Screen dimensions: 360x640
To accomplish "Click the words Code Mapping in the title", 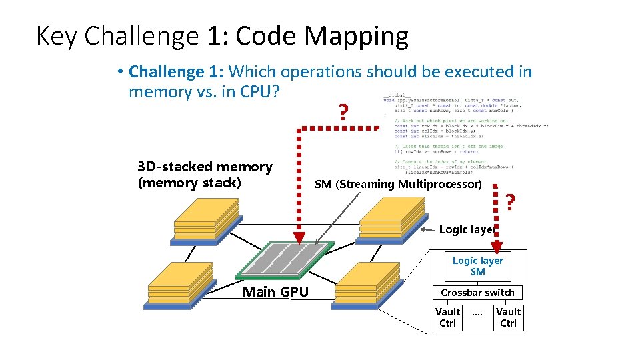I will (322, 36).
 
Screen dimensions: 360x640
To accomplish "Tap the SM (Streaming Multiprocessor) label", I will (397, 184).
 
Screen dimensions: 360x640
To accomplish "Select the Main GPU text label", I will (275, 291).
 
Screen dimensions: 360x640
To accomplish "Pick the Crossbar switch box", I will (477, 293).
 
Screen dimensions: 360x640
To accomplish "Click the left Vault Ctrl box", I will (447, 317).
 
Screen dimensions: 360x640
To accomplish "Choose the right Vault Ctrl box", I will (508, 317).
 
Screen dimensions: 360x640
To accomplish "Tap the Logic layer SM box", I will (477, 266).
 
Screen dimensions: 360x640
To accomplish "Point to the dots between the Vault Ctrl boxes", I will (477, 313).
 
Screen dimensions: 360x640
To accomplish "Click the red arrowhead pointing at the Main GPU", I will (299, 238).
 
